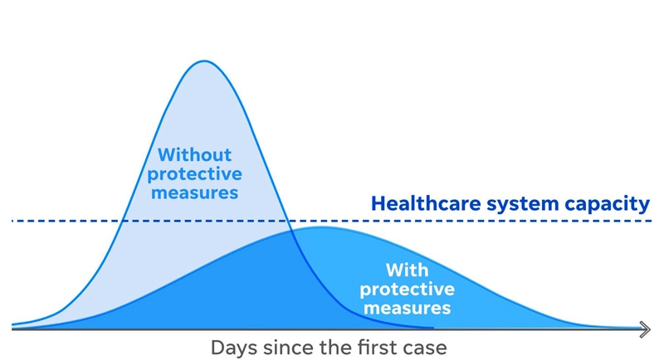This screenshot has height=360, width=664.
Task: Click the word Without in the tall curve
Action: (195, 155)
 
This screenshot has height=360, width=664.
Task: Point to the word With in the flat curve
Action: (407, 270)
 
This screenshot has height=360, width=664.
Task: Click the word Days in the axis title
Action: (234, 348)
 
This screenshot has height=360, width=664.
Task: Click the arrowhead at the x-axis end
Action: (645, 329)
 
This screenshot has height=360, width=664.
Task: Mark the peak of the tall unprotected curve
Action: (204, 61)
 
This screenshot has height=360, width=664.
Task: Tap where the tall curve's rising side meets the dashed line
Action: (123, 221)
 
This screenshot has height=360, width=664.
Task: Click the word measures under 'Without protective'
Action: (195, 193)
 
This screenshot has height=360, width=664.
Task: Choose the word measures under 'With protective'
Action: (407, 308)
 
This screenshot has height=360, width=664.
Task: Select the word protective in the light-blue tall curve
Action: (195, 174)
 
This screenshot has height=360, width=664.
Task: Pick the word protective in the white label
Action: (407, 289)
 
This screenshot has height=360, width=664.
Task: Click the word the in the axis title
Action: (336, 348)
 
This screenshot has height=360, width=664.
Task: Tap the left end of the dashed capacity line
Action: (12, 221)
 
